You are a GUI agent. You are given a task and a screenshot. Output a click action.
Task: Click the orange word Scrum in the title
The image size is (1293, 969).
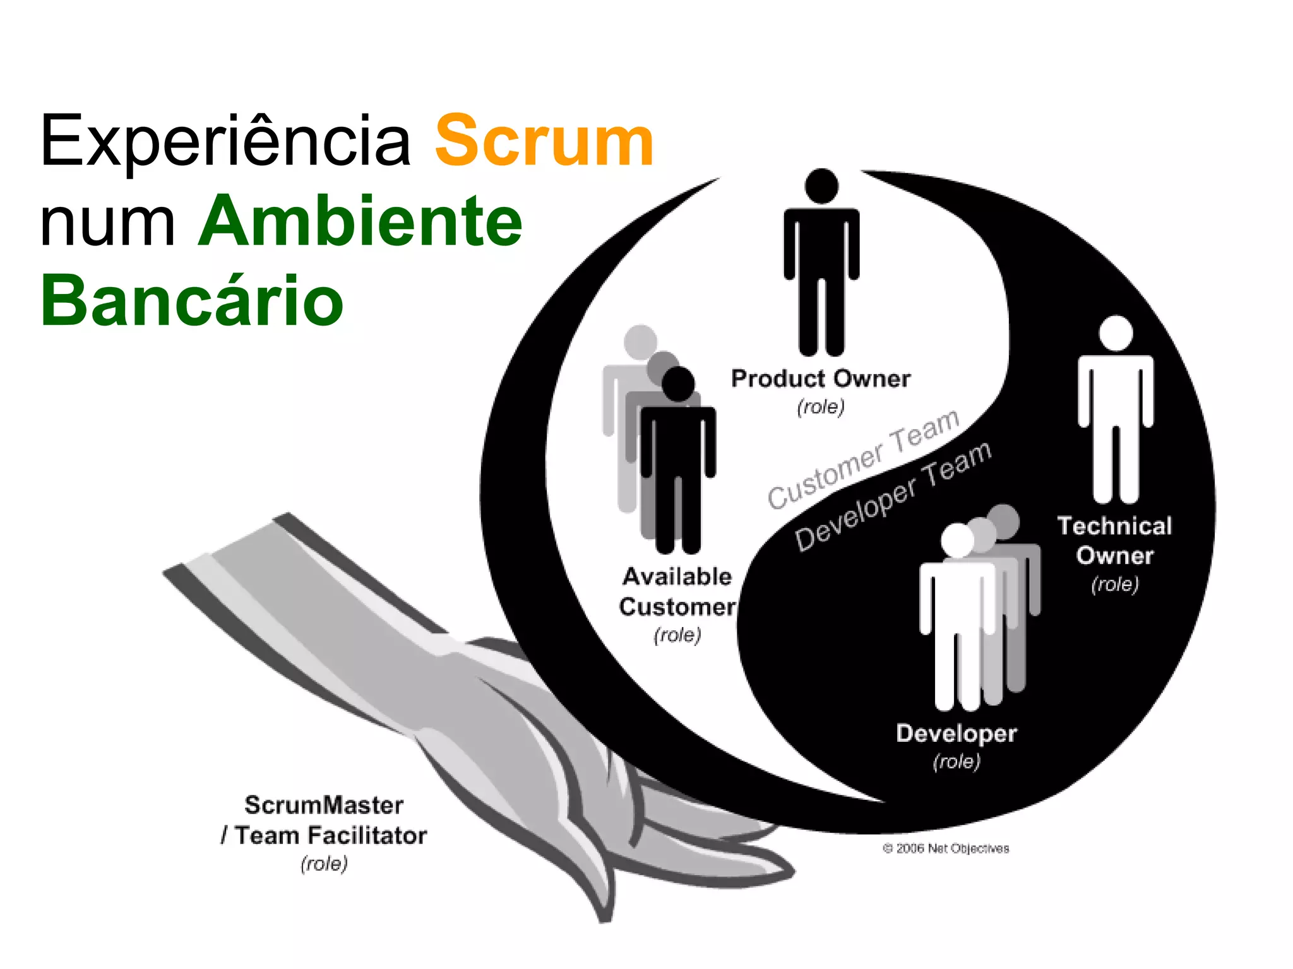click(544, 141)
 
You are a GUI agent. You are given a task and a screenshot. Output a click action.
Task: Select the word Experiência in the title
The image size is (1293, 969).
click(225, 141)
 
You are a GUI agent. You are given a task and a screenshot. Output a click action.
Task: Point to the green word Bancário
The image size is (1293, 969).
click(192, 302)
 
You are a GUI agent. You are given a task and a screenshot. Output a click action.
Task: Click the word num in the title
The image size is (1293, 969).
click(107, 222)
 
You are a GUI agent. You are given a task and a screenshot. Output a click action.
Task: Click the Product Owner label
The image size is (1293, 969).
click(821, 379)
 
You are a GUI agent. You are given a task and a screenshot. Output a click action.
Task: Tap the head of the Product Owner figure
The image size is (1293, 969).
click(821, 186)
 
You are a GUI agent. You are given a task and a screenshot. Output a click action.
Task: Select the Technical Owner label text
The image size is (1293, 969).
click(1115, 541)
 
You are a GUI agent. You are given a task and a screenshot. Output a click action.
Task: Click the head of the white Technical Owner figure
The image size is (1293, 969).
click(1116, 332)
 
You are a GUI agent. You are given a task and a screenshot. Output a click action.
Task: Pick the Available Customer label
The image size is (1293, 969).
click(677, 592)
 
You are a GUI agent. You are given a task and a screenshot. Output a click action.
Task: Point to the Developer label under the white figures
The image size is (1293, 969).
click(956, 734)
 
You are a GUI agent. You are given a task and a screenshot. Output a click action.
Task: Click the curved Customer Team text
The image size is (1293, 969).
click(864, 459)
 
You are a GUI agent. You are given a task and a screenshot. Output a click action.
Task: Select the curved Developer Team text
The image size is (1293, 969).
click(893, 496)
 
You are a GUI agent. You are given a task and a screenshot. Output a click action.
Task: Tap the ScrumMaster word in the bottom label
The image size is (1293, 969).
click(324, 805)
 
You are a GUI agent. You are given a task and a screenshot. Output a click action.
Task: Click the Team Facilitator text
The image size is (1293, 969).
click(331, 835)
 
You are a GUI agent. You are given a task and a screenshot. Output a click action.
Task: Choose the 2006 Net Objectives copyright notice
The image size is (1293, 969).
click(946, 849)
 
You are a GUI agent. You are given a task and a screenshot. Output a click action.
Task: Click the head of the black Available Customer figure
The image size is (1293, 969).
click(678, 384)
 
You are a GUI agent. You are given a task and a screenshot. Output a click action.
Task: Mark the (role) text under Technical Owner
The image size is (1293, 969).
click(1115, 584)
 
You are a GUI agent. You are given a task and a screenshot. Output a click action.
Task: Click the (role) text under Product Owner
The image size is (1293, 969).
click(821, 407)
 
